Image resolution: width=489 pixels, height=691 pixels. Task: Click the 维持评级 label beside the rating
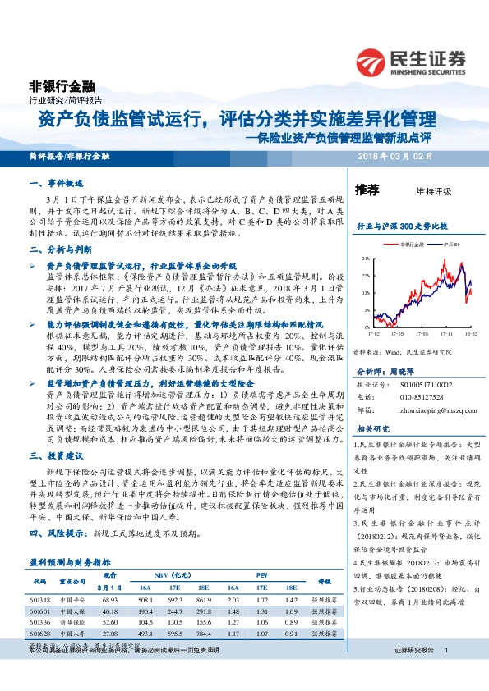tap(434, 191)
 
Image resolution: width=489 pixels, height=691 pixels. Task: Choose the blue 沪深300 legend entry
tap(438, 244)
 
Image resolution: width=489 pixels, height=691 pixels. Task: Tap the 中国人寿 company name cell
tap(73, 634)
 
